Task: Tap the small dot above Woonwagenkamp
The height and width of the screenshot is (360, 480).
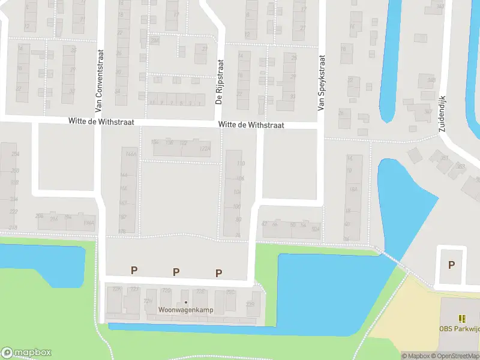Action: [x=186, y=302]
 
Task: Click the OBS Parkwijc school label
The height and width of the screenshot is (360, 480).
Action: [x=460, y=328]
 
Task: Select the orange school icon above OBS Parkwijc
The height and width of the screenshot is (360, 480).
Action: [x=461, y=319]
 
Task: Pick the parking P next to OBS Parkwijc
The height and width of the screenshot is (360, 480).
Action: [x=451, y=265]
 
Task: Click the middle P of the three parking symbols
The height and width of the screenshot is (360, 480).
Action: [x=176, y=272]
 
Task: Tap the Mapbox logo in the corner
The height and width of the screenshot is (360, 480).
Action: [x=26, y=353]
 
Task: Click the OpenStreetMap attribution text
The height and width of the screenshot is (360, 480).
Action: [x=456, y=356]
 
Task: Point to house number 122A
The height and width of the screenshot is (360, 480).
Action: [x=205, y=148]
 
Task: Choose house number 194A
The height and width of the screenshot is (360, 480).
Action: [x=89, y=223]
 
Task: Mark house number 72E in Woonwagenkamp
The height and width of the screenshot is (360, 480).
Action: [x=202, y=291]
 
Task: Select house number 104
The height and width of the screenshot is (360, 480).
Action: [x=237, y=192]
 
